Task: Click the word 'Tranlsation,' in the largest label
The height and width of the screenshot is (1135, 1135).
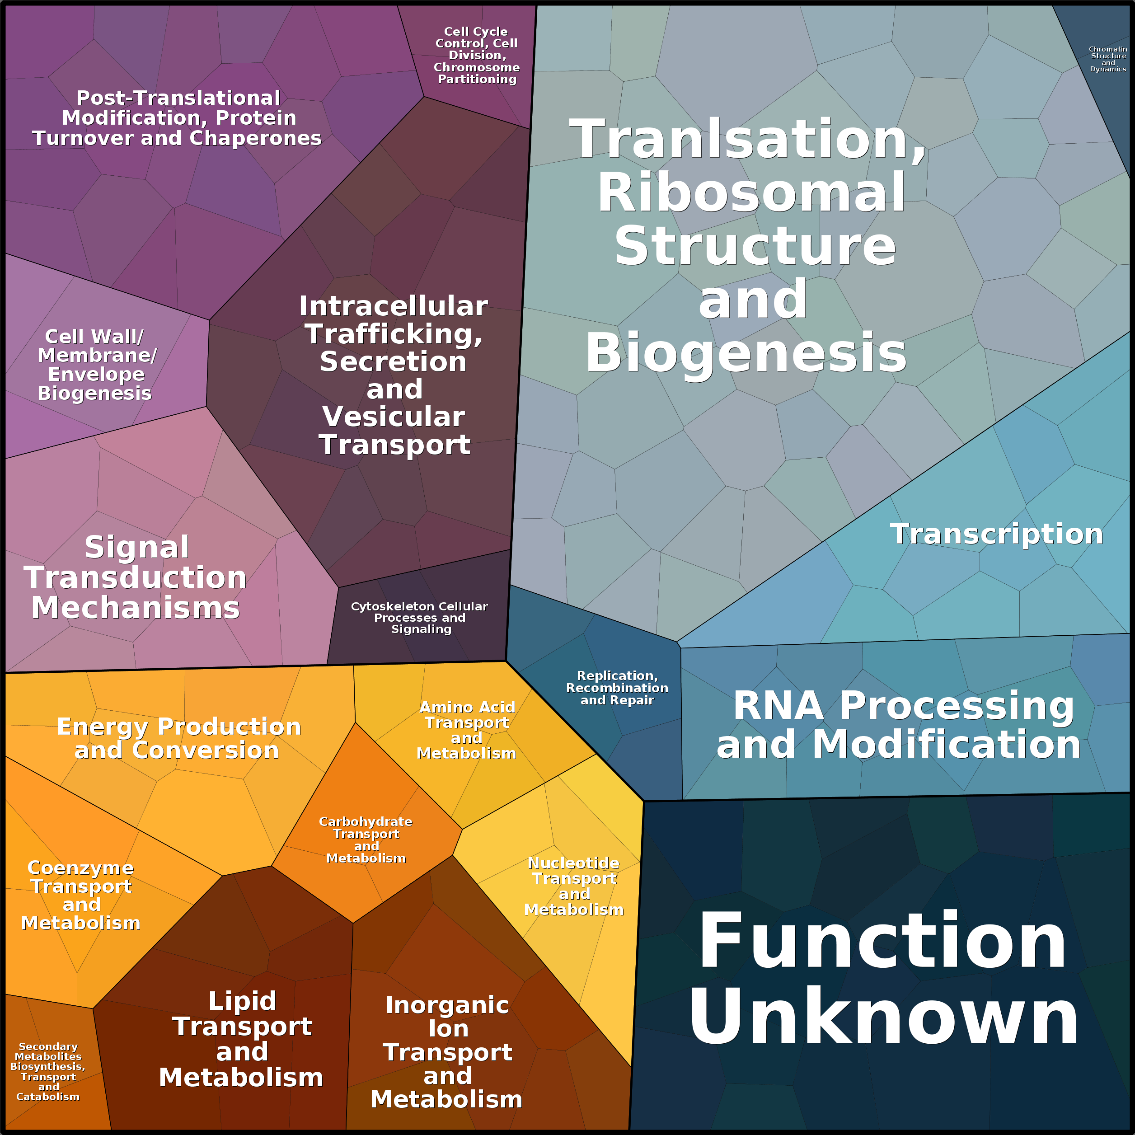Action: tap(747, 140)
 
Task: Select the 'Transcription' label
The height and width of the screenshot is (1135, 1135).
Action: tap(996, 534)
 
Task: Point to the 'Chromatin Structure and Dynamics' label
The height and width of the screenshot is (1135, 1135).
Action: tap(1107, 59)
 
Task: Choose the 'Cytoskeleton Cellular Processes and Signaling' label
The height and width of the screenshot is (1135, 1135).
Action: tap(419, 618)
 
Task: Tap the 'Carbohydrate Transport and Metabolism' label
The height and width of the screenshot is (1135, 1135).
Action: tap(366, 840)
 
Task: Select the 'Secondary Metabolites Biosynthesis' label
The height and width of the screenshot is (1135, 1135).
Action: tap(48, 1071)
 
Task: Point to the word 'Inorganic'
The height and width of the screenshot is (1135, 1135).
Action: tap(447, 1005)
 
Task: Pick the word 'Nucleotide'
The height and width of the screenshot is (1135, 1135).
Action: tap(573, 863)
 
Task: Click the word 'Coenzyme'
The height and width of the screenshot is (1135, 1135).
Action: tap(80, 868)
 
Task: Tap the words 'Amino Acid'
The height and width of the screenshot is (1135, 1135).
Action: tap(467, 707)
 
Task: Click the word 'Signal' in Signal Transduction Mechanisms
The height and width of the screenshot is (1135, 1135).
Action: tap(137, 548)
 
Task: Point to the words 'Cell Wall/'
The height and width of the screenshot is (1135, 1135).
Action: tap(94, 337)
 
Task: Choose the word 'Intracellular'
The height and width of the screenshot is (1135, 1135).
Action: tap(393, 306)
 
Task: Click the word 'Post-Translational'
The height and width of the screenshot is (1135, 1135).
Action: tap(178, 98)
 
